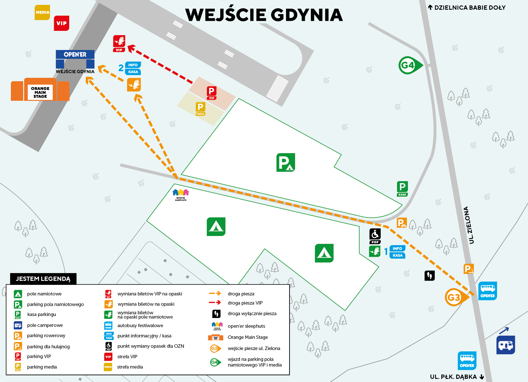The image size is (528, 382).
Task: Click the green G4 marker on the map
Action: pos(409,65)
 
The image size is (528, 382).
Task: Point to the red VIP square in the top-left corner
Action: pos(61,23)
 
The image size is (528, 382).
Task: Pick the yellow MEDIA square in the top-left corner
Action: pos(42,12)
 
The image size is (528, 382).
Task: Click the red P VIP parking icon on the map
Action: pos(212,93)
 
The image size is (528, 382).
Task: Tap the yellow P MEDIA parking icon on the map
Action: pos(201,109)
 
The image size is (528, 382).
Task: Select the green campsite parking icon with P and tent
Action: pos(285,162)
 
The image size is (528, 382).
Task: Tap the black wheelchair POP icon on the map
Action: pos(375,236)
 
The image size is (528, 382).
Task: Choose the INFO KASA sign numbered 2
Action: pos(133,68)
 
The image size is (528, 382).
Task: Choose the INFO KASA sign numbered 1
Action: pos(397,252)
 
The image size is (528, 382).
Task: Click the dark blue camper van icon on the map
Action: pos(505,345)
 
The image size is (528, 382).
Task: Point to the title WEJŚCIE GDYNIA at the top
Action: pos(264,15)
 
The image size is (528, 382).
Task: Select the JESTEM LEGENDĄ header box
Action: pos(43,279)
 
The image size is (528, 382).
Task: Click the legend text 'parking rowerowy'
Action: pos(46,335)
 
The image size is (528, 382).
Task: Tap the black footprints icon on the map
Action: pos(429,275)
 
